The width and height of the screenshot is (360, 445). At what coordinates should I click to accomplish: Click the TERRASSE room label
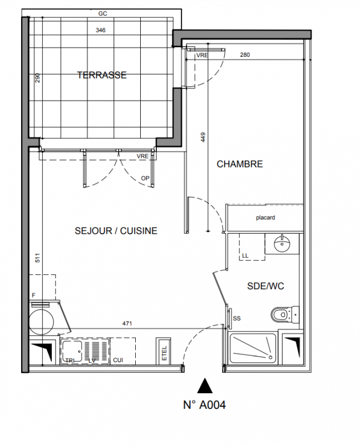click(x=102, y=75)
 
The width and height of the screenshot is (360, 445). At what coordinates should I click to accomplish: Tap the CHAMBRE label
click(x=240, y=164)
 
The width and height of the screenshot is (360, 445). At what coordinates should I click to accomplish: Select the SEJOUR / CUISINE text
click(x=116, y=231)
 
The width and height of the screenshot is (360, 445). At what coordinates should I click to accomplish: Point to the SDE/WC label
click(x=265, y=286)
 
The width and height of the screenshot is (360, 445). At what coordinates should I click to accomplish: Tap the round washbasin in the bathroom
click(x=282, y=243)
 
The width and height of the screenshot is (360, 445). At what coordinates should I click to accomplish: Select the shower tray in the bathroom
click(x=253, y=349)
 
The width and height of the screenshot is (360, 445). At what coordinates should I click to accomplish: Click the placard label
click(x=265, y=217)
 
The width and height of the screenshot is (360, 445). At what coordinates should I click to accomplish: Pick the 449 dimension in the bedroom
click(x=203, y=137)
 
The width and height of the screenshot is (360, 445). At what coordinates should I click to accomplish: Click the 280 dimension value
click(x=245, y=55)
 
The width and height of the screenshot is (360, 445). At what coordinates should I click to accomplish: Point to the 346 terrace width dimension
click(x=101, y=30)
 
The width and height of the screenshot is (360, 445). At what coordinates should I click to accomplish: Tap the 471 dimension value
click(x=127, y=323)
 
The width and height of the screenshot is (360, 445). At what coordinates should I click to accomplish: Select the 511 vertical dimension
click(x=38, y=258)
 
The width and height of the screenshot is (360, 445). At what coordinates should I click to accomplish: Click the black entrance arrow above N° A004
click(x=205, y=385)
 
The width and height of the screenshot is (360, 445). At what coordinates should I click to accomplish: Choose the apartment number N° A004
click(x=204, y=405)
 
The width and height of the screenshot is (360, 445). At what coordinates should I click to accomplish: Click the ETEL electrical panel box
click(x=163, y=351)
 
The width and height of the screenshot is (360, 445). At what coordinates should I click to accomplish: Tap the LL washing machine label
click(x=245, y=255)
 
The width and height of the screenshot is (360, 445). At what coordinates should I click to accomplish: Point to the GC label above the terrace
click(x=102, y=13)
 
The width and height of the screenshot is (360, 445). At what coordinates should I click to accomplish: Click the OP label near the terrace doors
click(x=145, y=178)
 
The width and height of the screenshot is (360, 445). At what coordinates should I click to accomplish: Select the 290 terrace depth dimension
click(x=37, y=78)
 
